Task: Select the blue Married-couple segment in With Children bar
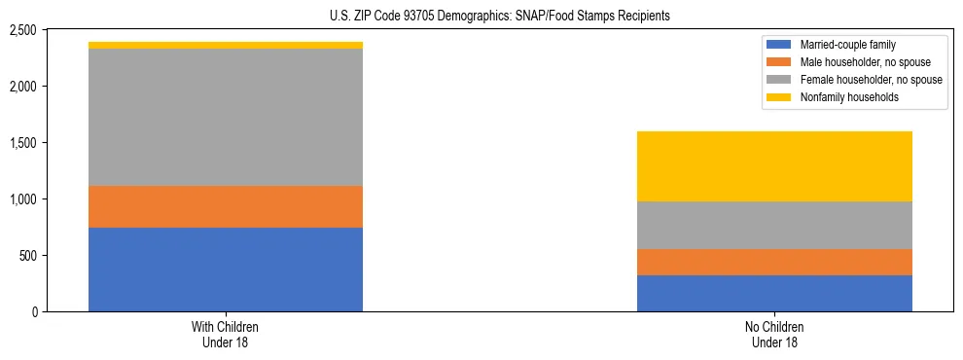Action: pos(226,270)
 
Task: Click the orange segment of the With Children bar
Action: pos(226,206)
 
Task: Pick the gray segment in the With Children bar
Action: pos(226,117)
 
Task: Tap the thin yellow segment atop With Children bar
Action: pos(226,45)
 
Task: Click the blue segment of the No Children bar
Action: pos(774,293)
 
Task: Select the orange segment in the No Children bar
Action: pos(774,262)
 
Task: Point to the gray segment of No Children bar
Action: pos(774,225)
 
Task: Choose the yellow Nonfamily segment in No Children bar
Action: pos(774,166)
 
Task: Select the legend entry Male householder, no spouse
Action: pos(858,62)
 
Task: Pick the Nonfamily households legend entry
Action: pos(846,97)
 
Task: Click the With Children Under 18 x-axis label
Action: pos(226,335)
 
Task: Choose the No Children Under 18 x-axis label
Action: pos(774,335)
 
